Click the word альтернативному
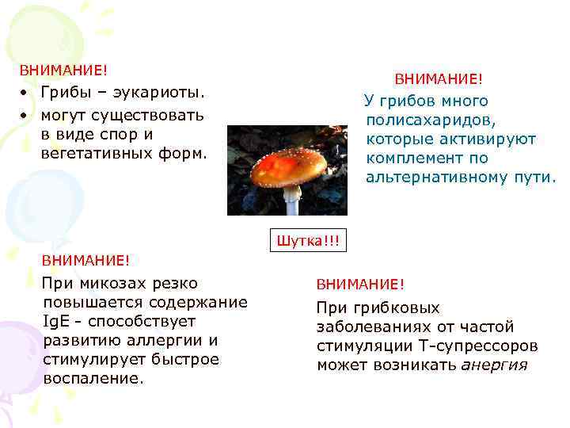435,178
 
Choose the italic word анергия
494,365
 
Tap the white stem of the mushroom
291,201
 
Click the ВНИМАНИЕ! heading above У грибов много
438,79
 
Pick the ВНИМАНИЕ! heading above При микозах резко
85,260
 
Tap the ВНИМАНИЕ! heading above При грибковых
360,285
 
